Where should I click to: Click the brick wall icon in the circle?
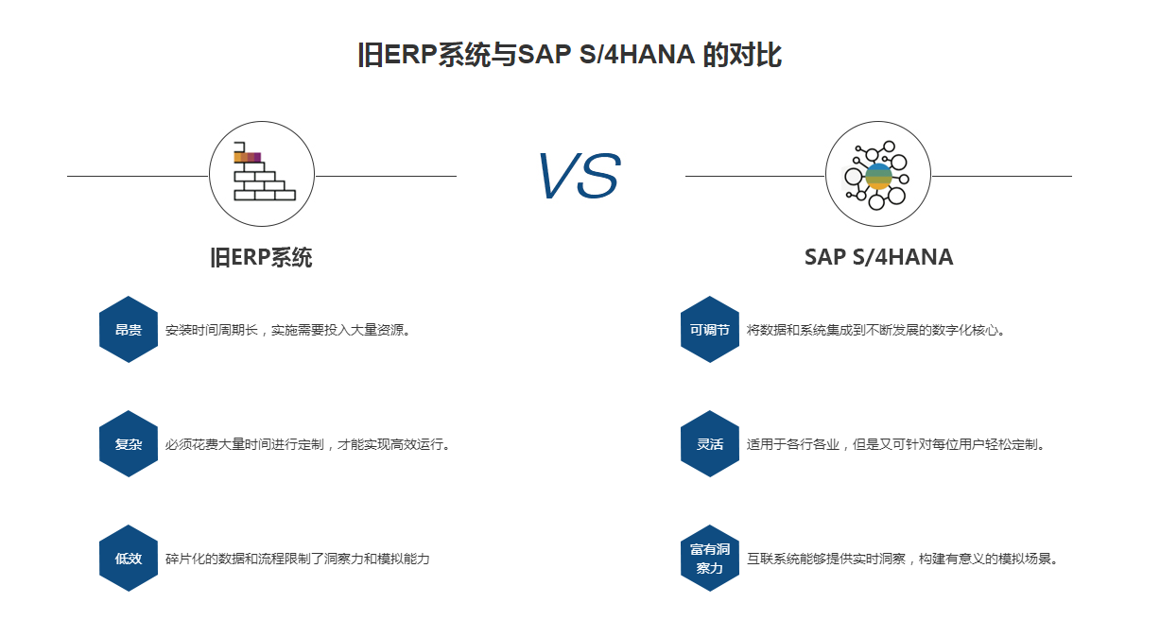[265, 171]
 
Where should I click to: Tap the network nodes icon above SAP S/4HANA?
[876, 176]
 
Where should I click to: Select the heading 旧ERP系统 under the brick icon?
[261, 257]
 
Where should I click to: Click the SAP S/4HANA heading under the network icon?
[878, 257]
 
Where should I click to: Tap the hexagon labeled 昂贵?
[129, 330]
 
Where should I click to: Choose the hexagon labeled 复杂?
[129, 444]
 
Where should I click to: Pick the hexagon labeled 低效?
[129, 559]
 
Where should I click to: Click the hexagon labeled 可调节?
[709, 330]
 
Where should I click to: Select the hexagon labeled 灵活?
[709, 444]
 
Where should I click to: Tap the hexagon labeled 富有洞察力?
[709, 559]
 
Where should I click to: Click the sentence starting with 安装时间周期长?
[288, 330]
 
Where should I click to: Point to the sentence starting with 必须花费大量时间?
[308, 444]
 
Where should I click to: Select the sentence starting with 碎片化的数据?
[297, 559]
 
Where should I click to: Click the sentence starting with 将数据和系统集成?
[875, 330]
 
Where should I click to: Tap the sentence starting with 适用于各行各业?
[896, 444]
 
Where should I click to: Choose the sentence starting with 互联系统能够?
[903, 559]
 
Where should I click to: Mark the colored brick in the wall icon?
[248, 157]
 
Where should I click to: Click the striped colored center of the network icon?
[879, 176]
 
